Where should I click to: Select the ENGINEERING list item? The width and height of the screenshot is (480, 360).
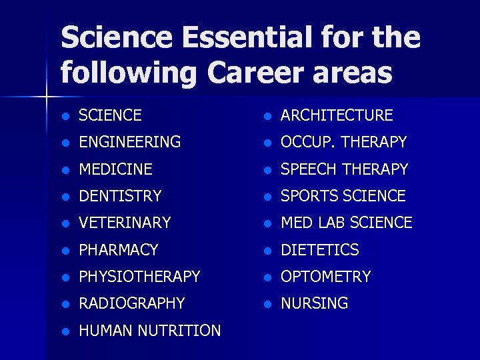pyautogui.click(x=129, y=142)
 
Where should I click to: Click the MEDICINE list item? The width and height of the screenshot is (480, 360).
pyautogui.click(x=115, y=169)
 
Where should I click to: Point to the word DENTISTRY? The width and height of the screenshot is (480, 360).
pyautogui.click(x=120, y=196)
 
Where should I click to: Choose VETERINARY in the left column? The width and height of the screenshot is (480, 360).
pyautogui.click(x=125, y=223)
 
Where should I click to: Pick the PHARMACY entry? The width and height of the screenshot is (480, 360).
pyautogui.click(x=118, y=250)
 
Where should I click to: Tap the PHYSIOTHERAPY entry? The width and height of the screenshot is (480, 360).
pyautogui.click(x=139, y=277)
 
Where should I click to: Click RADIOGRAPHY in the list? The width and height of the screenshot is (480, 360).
pyautogui.click(x=131, y=303)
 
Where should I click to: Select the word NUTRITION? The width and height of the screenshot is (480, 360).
pyautogui.click(x=180, y=331)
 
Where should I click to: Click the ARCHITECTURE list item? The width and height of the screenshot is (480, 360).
pyautogui.click(x=337, y=115)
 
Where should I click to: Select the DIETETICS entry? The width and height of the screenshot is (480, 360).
pyautogui.click(x=319, y=250)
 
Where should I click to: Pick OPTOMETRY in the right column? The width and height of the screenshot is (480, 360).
pyautogui.click(x=325, y=277)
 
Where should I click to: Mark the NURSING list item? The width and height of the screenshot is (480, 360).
pyautogui.click(x=314, y=303)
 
